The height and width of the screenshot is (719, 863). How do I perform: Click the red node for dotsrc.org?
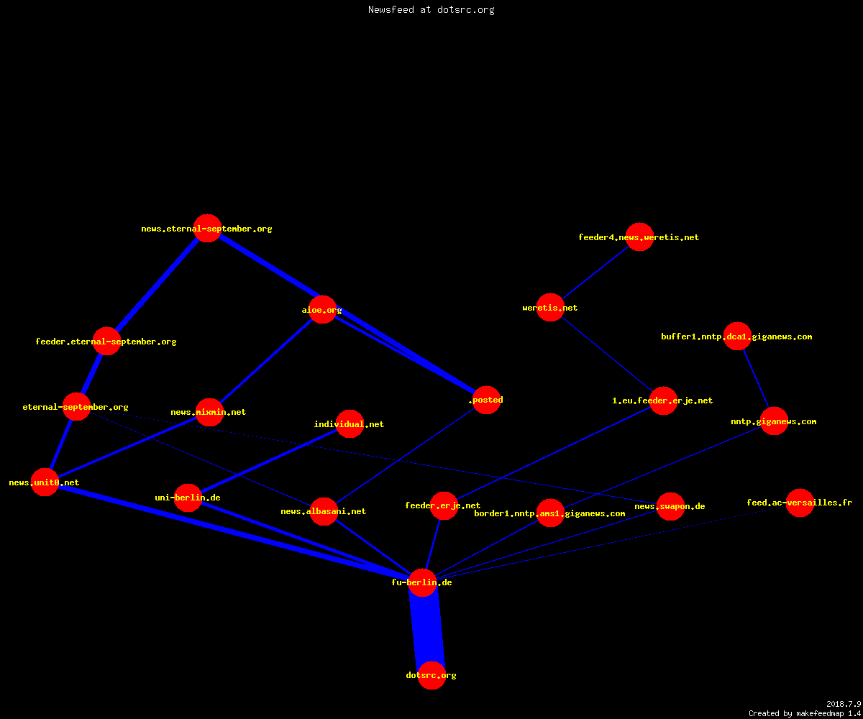[x=431, y=675]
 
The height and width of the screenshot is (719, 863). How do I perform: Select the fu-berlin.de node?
[x=422, y=582]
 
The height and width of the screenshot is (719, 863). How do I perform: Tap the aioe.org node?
[x=322, y=309]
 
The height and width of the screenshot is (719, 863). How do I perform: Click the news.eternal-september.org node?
[x=208, y=228]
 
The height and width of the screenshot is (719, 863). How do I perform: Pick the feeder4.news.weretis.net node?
[x=639, y=237]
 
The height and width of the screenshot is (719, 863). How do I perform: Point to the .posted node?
[x=487, y=400]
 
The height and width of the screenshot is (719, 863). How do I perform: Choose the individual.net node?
[x=350, y=423]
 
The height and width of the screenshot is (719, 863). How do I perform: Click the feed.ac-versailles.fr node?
[x=800, y=503]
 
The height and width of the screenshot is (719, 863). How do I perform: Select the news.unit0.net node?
[x=45, y=482]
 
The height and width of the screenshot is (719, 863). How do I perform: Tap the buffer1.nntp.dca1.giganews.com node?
[x=737, y=336]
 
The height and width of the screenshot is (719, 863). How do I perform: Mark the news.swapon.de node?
[x=670, y=506]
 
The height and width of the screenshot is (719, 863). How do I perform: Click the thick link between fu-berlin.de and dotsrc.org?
[x=427, y=629]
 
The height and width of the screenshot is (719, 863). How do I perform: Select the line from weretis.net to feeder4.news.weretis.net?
[x=595, y=273]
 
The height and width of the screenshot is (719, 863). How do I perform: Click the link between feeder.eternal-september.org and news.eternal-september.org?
[x=157, y=285]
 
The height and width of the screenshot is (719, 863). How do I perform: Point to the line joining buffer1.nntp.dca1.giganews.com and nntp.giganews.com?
[x=756, y=378]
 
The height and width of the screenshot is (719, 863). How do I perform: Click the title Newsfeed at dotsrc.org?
[x=431, y=9]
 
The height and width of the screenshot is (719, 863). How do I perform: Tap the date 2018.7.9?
[x=844, y=704]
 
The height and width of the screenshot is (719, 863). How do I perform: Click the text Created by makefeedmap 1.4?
[x=805, y=713]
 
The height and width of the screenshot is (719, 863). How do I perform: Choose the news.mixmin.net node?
[x=209, y=412]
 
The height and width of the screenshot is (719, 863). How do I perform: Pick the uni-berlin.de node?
[x=188, y=498]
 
